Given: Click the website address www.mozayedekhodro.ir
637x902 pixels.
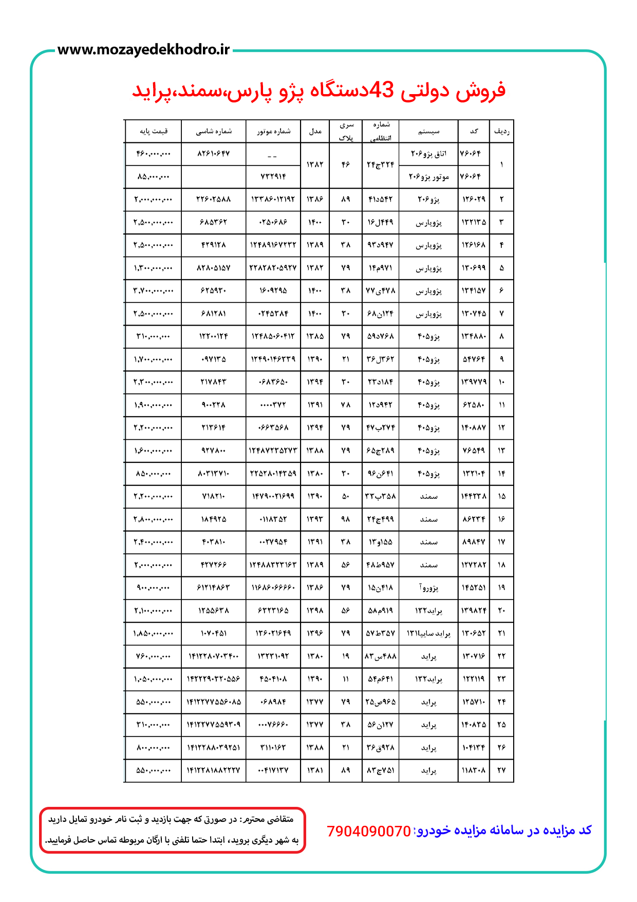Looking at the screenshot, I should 143,50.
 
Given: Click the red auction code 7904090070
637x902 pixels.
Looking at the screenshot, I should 369,831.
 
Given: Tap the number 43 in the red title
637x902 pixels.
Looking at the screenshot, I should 381,91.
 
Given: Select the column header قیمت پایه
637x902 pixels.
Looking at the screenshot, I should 153,131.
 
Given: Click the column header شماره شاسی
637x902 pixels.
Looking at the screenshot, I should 214,131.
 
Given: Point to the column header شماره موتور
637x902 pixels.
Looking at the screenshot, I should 273,131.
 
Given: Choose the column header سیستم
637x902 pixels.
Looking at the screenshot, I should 428,131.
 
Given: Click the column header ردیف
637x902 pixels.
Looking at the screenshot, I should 501,131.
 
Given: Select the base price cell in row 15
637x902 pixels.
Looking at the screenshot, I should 153,496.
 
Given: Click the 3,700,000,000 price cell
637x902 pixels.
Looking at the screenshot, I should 153,291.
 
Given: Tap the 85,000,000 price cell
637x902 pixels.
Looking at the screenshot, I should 153,176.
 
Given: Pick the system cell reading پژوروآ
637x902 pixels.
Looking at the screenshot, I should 428,587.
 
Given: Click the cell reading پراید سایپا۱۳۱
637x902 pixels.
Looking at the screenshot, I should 428,633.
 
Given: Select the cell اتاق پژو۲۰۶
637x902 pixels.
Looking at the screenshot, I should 428,154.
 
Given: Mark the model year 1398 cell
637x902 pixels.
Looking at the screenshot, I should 315,610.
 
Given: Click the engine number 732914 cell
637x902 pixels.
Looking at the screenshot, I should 273,176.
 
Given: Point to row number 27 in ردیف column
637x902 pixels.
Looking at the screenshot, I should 501,770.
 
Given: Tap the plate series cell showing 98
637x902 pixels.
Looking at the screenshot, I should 346,519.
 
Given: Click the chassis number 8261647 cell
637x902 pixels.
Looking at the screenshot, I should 214,154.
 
